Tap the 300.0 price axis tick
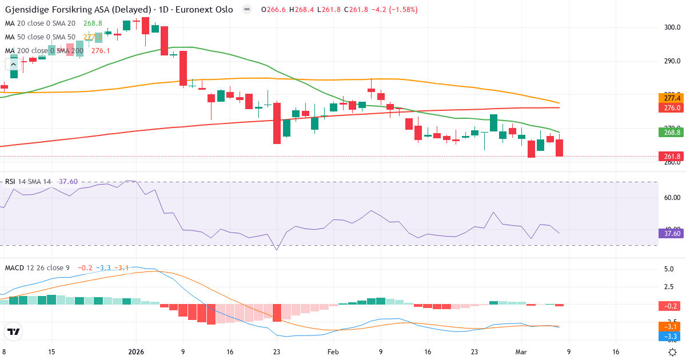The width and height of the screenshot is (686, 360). (x=672, y=27)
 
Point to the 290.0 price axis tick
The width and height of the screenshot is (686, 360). (x=672, y=61)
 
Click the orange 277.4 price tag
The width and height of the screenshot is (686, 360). (x=672, y=98)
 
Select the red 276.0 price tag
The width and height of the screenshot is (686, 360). (x=672, y=108)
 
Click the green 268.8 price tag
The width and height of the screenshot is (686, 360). (x=672, y=132)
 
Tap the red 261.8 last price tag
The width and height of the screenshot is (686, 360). (x=672, y=157)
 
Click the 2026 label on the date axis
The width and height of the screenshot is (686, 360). (x=137, y=353)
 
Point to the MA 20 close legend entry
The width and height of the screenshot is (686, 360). (x=40, y=23)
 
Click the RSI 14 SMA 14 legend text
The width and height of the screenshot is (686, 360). (x=27, y=182)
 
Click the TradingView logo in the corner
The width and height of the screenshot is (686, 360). (x=13, y=331)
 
